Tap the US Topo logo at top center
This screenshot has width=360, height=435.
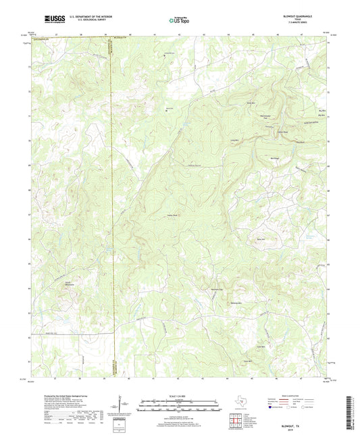[x=180, y=20]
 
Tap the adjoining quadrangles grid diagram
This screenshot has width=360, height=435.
[x=234, y=421]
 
